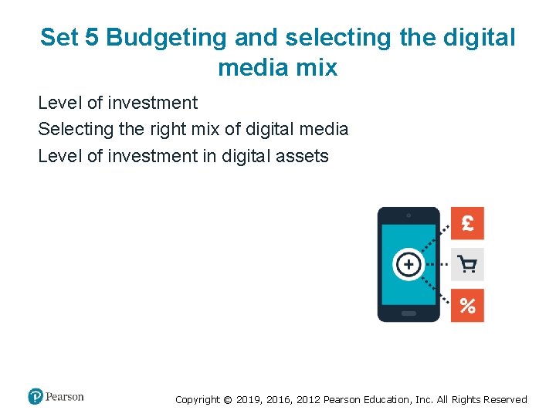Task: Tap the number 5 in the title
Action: point(91,37)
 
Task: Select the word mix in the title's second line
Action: point(317,68)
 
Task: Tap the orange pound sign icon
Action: point(467,223)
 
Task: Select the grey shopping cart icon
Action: point(467,264)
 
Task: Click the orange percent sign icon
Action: point(467,306)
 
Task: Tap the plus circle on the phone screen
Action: point(408,265)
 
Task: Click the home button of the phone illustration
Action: point(409,314)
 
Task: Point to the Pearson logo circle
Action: point(36,397)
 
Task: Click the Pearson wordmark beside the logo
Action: point(65,397)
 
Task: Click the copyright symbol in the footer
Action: point(227,400)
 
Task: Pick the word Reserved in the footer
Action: point(503,400)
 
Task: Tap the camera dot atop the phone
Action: point(409,215)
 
